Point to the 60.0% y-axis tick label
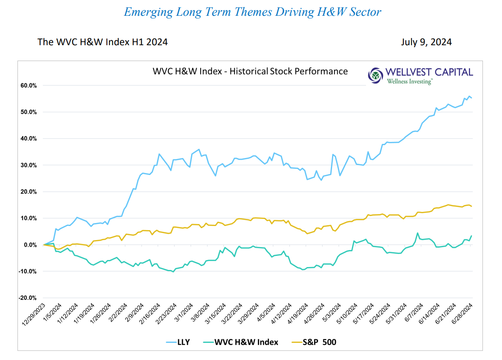point(28,85)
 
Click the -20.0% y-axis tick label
point(27,298)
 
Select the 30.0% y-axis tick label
point(28,165)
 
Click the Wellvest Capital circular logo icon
point(376,75)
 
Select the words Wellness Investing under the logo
point(409,82)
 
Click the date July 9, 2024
point(426,42)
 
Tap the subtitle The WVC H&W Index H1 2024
point(102,42)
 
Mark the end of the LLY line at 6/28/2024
point(471,98)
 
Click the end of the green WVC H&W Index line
point(471,236)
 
